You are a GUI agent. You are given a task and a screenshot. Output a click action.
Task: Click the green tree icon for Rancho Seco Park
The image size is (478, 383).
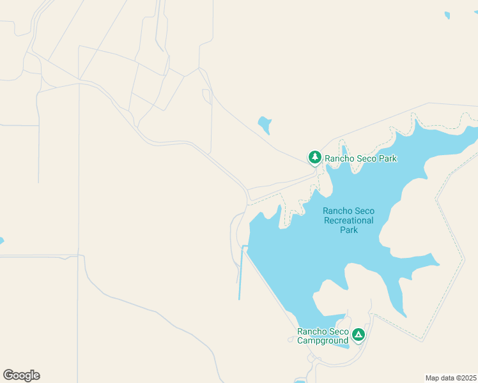coord(314,157)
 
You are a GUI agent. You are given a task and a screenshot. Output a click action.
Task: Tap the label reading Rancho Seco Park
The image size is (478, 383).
coord(360,158)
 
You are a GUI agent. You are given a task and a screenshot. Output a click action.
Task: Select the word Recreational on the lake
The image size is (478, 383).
coord(349,220)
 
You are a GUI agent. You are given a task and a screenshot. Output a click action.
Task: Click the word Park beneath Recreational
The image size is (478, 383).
coord(349,230)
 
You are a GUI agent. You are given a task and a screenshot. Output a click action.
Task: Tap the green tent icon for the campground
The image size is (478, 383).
coord(358,334)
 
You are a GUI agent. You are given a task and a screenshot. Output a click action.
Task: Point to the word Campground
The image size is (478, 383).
coord(323,340)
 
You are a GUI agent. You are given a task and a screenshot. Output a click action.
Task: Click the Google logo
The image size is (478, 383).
coord(21,375)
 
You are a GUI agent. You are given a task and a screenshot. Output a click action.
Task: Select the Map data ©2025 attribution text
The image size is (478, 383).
coord(451,378)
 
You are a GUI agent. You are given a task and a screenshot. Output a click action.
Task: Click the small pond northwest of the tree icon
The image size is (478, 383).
coord(265,124)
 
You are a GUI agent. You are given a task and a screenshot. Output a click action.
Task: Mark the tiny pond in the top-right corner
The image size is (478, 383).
coord(447,15)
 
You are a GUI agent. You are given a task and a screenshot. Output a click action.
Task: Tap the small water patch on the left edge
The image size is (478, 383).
coord(1,241)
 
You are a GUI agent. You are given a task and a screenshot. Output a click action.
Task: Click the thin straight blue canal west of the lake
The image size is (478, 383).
coord(241,274)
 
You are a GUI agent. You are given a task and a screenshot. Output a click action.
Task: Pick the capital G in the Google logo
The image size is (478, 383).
coord(8,375)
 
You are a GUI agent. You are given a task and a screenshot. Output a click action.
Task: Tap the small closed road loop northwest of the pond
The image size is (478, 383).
coord(206,96)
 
